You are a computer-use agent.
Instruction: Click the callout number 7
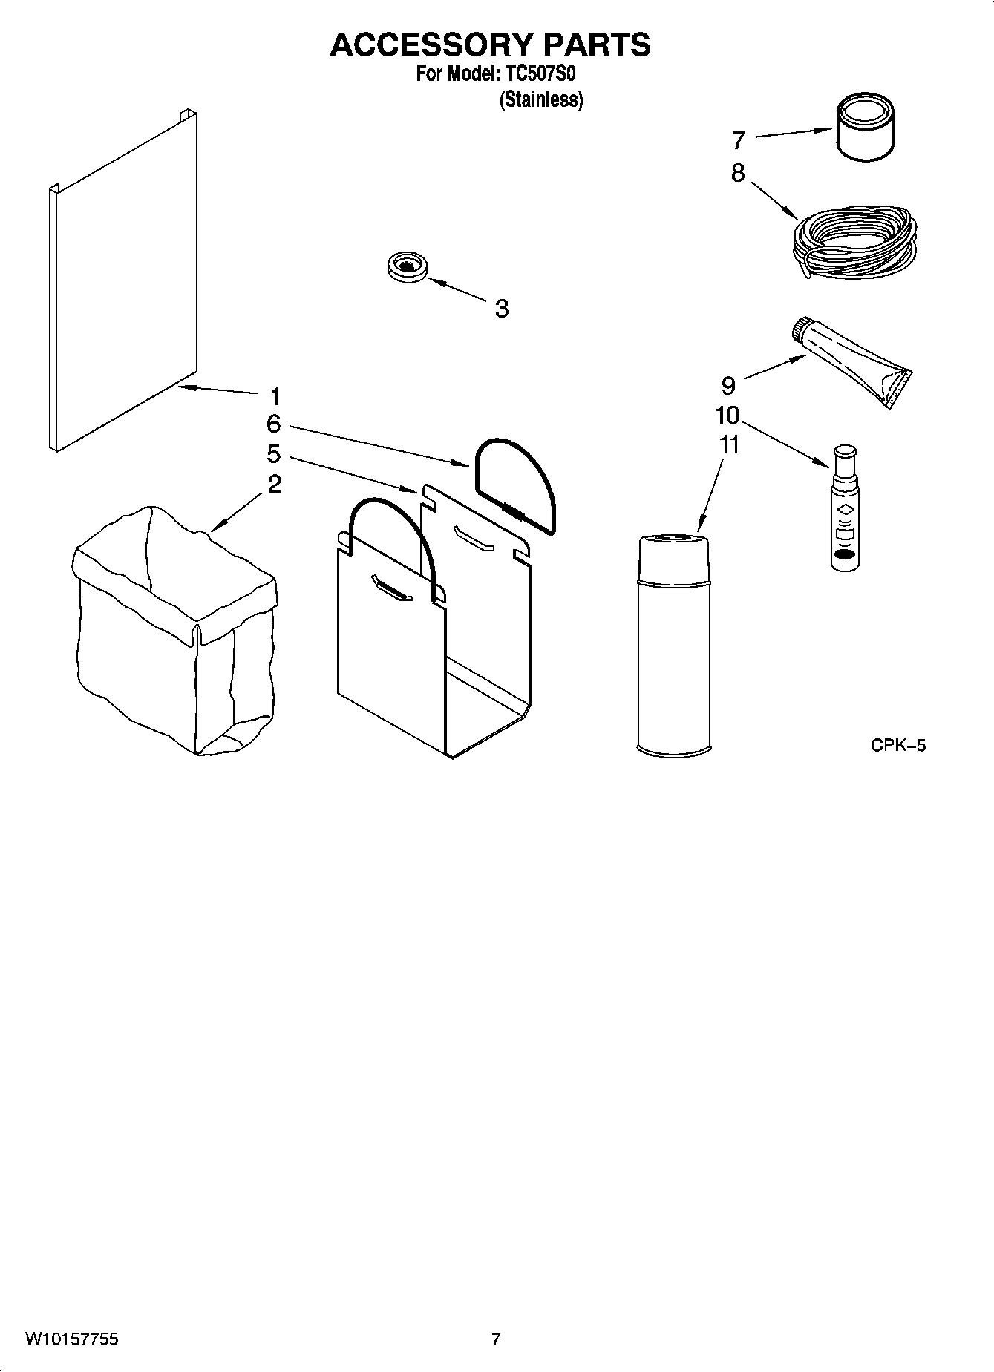[738, 140]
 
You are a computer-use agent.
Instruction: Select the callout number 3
[502, 309]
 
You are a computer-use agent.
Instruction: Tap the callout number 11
[729, 445]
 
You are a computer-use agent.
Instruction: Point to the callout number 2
[274, 485]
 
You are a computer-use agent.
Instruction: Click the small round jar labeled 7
[865, 130]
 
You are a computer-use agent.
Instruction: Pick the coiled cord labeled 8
[854, 241]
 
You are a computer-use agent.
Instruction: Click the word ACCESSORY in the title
[431, 45]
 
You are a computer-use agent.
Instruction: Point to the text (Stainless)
[541, 99]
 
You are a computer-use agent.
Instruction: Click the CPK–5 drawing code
[898, 746]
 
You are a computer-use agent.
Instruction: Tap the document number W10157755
[71, 1339]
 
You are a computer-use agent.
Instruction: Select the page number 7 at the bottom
[496, 1339]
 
